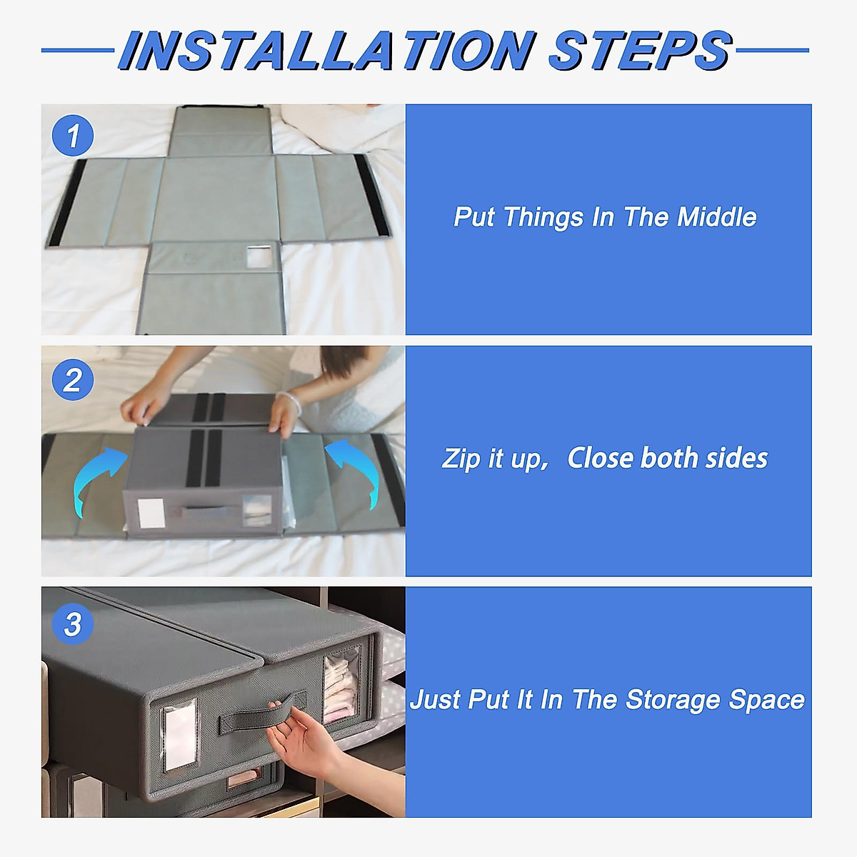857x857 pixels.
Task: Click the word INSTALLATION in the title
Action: (326, 50)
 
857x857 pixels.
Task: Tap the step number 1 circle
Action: (73, 135)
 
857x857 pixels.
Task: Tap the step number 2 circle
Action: (73, 379)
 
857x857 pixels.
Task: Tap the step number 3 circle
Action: (73, 624)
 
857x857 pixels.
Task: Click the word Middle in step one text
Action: (716, 217)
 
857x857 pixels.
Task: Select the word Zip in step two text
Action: (461, 459)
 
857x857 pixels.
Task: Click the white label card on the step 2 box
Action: (151, 513)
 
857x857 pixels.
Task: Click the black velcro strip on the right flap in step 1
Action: (369, 195)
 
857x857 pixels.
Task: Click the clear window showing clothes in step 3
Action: (342, 684)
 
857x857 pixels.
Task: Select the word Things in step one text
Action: (543, 218)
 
